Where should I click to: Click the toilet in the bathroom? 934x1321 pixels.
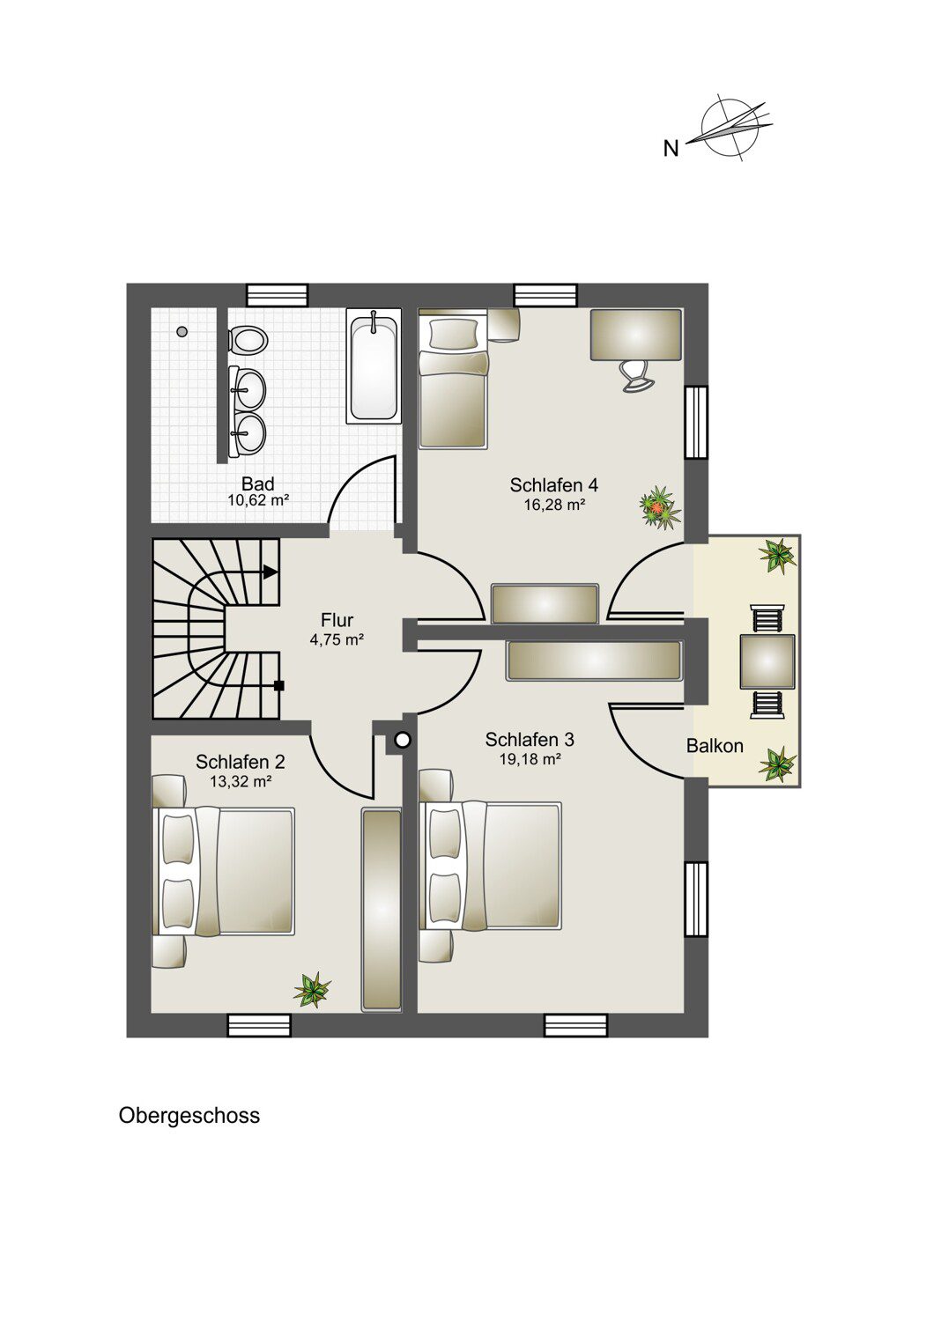pos(248,340)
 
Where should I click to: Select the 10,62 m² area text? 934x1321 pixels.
pos(258,501)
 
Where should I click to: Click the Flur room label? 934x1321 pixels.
pos(337,620)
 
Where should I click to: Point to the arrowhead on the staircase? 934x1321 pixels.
pos(271,571)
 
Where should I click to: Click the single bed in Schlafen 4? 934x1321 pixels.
pos(454,380)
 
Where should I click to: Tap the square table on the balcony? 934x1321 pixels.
pos(767,661)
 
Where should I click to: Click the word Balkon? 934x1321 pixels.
pos(715,746)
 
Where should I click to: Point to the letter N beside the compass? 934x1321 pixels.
pos(671,149)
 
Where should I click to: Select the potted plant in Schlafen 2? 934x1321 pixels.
pos(312,989)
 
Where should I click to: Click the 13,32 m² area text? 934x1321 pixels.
pos(241,782)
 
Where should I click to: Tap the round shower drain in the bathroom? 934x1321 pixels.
pos(182,332)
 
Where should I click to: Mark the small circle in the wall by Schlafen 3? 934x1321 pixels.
pos(403,740)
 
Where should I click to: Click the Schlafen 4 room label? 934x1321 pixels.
pos(554,484)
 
